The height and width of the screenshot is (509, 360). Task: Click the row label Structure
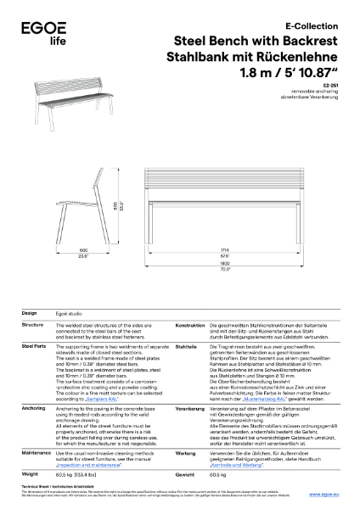[x=32, y=325]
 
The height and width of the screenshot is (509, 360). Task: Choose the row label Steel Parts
[x=34, y=347]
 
